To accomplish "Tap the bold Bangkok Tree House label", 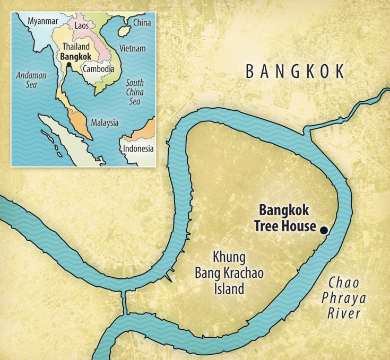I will coord(286,218).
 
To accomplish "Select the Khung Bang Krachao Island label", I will coord(229,273).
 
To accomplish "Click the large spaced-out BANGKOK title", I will coord(296,72).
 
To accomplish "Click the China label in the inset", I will coord(142,22).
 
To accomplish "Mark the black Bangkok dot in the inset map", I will coord(68,66).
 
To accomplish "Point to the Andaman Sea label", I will coord(31,80).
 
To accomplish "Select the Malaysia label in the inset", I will coord(105,122).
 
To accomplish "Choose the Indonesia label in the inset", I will coord(138,148).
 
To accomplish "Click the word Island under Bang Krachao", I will coord(229,289).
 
